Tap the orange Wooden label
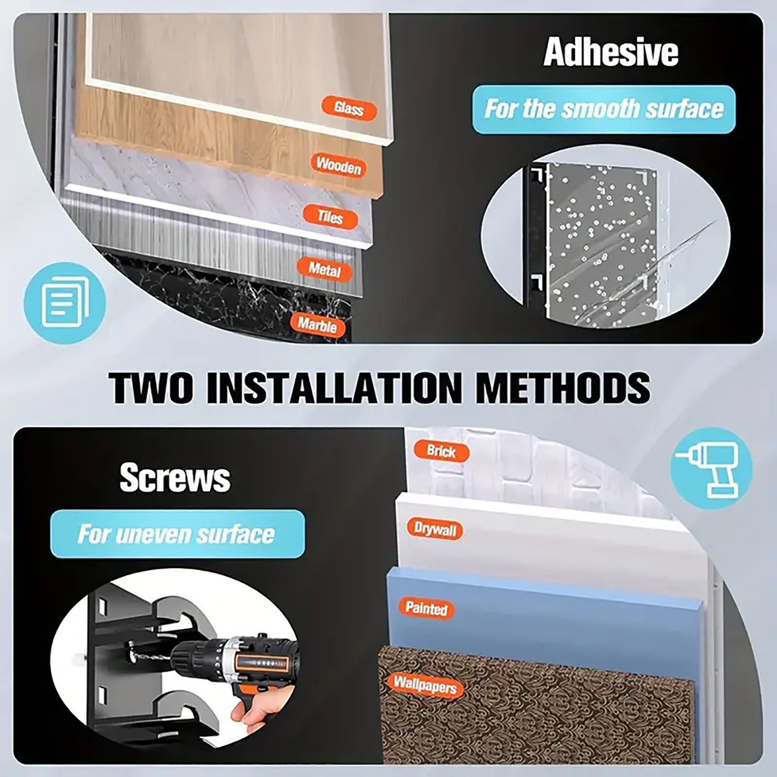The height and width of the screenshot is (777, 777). tap(338, 165)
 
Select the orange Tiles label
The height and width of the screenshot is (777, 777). tap(330, 217)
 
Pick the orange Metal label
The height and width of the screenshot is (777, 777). tap(324, 270)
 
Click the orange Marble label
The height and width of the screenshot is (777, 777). tap(317, 324)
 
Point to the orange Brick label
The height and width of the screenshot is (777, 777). tap(441, 451)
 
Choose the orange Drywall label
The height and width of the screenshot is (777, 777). tap(435, 529)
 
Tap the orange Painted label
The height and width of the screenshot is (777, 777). tap(426, 608)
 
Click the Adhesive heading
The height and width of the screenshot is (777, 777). tap(610, 52)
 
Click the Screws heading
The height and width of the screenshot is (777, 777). tap(175, 477)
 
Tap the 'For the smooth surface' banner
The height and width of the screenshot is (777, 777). tap(604, 109)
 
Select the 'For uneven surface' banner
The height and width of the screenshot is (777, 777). tap(177, 534)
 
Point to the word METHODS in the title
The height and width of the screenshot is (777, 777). tap(562, 388)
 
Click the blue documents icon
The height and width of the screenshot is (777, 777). tap(65, 303)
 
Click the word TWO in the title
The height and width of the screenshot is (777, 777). tap(151, 388)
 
